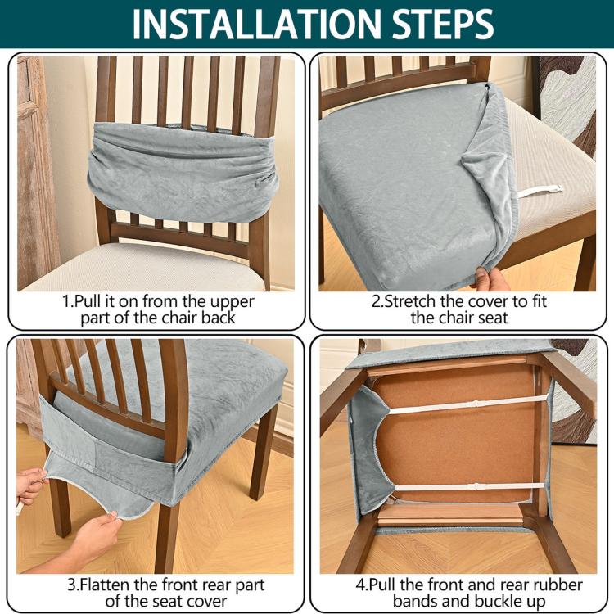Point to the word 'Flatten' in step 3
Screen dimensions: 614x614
coord(106,585)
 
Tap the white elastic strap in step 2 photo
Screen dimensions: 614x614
coord(540,192)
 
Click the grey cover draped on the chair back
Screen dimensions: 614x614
coord(183,171)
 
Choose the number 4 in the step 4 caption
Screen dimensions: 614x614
coord(360,585)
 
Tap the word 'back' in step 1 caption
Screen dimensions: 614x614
coord(219,318)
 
